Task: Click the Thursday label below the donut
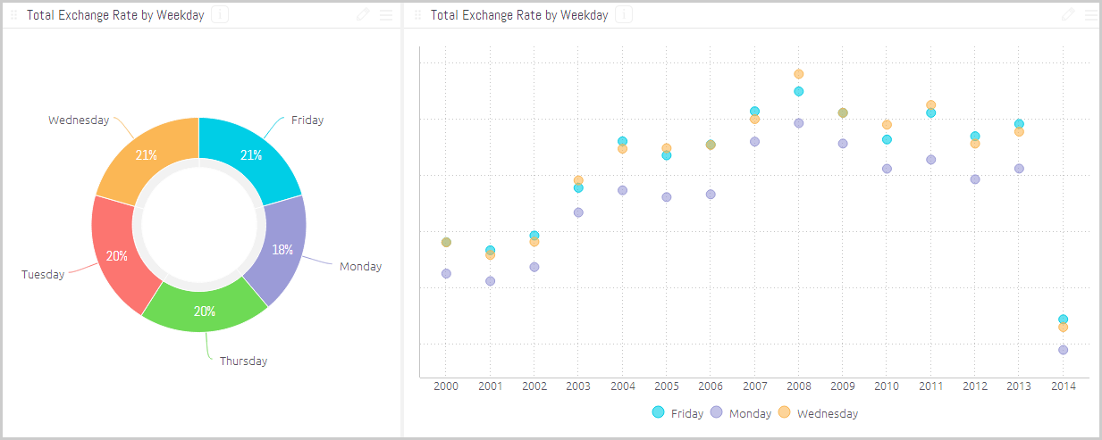click(x=243, y=361)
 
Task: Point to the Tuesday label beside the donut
click(x=43, y=275)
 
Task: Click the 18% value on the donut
click(x=282, y=250)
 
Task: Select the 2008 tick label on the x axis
click(x=798, y=386)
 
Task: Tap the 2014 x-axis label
click(x=1063, y=386)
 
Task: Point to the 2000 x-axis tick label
click(x=446, y=386)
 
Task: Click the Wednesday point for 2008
click(x=799, y=74)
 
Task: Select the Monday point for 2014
click(x=1063, y=350)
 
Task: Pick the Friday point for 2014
click(x=1063, y=319)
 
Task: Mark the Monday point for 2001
click(x=490, y=281)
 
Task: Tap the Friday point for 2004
click(x=622, y=141)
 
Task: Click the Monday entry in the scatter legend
click(x=740, y=413)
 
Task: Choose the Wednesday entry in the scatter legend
click(x=818, y=413)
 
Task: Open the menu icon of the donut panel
click(x=386, y=15)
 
